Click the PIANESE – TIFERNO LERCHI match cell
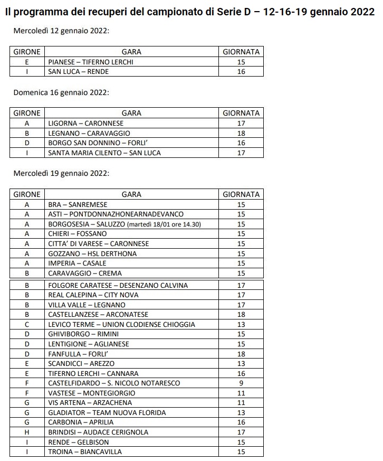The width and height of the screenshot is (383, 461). [x=91, y=62]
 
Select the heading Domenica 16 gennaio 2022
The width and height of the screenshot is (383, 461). [x=61, y=92]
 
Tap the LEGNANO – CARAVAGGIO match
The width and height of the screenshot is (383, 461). [x=89, y=133]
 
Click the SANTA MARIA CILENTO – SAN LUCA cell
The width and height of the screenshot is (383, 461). [x=104, y=153]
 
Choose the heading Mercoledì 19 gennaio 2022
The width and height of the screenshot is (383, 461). [x=61, y=173]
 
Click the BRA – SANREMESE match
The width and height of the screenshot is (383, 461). [x=78, y=204]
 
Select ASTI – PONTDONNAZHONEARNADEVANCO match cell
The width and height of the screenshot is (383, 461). [x=116, y=214]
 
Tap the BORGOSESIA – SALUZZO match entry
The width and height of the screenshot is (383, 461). [x=125, y=224]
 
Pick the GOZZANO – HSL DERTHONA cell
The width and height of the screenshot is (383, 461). [x=92, y=253]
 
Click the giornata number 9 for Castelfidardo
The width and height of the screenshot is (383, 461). [x=241, y=383]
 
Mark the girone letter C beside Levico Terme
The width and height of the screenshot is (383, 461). [x=27, y=324]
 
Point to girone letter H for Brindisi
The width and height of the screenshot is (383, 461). [x=27, y=432]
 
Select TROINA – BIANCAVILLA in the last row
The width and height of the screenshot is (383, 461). [x=85, y=451]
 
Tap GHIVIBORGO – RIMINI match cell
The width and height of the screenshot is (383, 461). [x=83, y=334]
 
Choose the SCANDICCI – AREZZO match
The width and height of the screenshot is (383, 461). [x=81, y=363]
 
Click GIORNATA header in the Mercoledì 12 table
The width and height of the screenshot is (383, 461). [x=241, y=52]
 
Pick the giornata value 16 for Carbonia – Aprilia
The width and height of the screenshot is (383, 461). [x=241, y=422]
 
